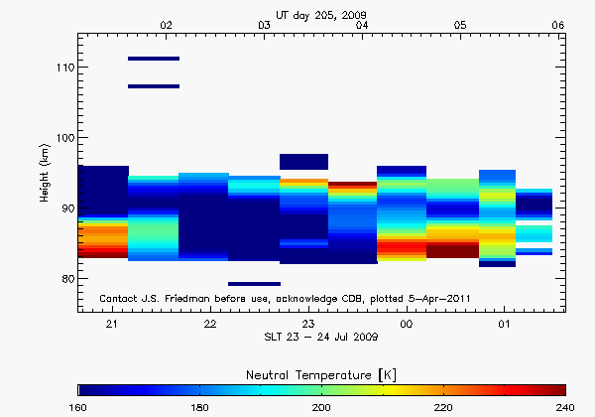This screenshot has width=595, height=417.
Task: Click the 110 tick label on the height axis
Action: click(64, 67)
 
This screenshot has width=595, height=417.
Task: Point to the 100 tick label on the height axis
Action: click(64, 137)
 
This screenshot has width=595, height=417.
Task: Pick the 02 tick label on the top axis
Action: click(167, 24)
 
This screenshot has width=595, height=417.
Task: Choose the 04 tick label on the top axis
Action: click(362, 24)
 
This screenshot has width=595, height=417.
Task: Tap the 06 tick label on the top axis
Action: click(558, 24)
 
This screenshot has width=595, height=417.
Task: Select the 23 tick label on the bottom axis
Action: click(308, 325)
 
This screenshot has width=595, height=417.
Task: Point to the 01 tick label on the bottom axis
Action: click(504, 325)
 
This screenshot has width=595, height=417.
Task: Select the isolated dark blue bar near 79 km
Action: click(254, 284)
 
